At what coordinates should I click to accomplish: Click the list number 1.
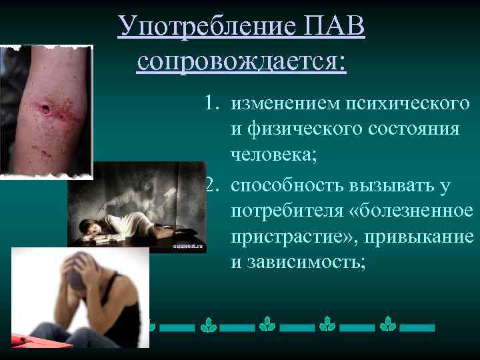click(x=212, y=104)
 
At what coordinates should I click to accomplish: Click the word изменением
click(x=283, y=104)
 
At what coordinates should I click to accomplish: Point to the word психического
click(x=408, y=104)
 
